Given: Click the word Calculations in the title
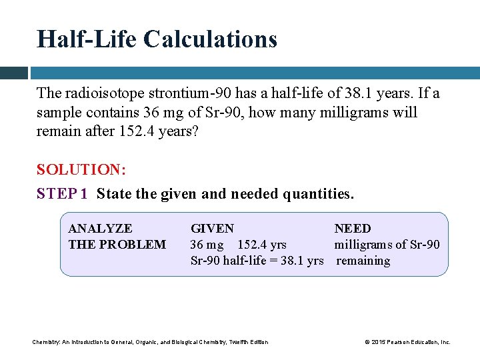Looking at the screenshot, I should [210, 39].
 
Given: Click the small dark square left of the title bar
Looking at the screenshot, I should [13, 73].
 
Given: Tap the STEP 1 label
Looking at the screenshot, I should [62, 194].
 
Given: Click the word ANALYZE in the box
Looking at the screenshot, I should [100, 229].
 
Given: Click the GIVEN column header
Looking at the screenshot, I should [212, 229].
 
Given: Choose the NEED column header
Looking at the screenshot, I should [353, 229].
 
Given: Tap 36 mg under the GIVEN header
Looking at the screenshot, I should [207, 245].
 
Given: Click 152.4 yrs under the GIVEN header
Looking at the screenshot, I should [262, 245].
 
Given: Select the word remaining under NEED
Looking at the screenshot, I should [363, 261].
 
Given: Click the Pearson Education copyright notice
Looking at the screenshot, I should [407, 342].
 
